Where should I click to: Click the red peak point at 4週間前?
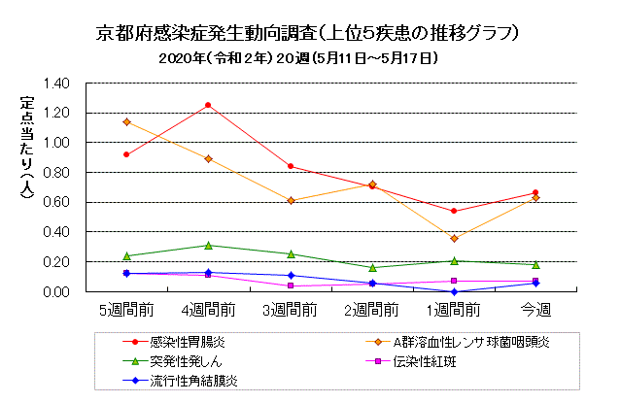[208, 105]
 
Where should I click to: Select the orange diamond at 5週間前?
[126, 121]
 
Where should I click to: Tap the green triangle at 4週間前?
[208, 246]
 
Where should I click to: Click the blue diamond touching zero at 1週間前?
[454, 291]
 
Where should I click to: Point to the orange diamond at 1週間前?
[454, 239]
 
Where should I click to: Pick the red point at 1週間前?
[454, 211]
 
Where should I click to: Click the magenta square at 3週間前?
[291, 285]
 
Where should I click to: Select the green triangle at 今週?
[535, 264]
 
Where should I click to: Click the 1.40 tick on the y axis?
[55, 84]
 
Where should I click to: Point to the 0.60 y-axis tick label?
[55, 202]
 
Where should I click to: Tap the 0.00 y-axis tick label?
[55, 291]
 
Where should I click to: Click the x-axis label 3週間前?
[291, 311]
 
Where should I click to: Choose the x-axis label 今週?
[535, 311]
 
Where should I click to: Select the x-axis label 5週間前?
[126, 311]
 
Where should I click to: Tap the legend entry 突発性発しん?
[183, 361]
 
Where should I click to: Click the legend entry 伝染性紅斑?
[427, 361]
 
